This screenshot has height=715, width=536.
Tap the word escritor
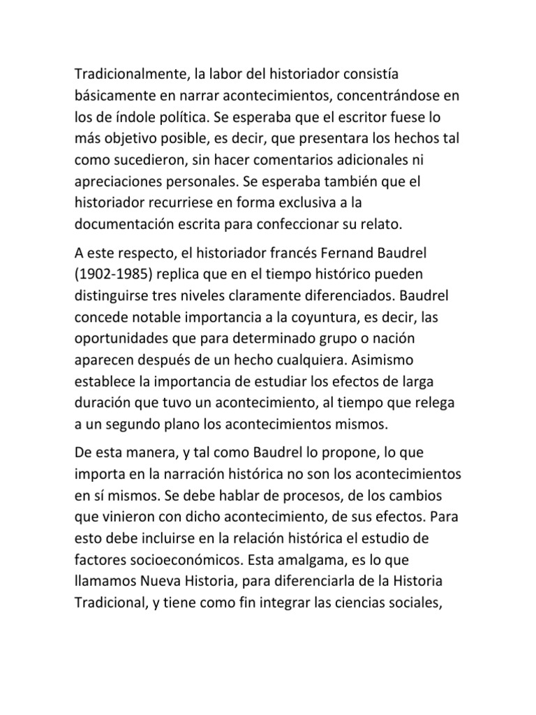[x=359, y=117]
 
